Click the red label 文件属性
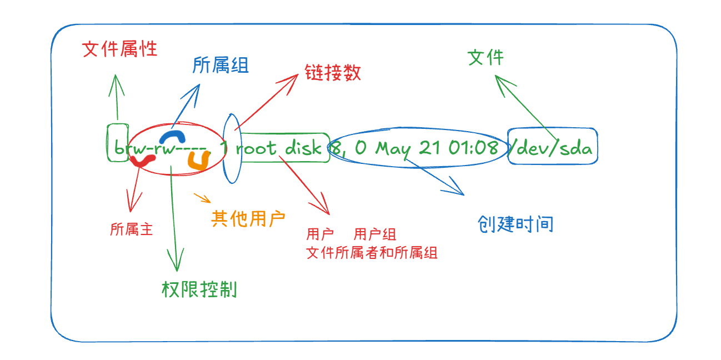(119, 49)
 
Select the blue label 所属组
(221, 66)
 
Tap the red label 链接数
(333, 73)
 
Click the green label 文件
(485, 57)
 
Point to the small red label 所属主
(131, 229)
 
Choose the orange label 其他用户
(248, 218)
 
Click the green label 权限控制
(199, 289)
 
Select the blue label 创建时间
(515, 224)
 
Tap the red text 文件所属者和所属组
(372, 253)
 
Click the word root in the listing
(256, 148)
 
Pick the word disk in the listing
(303, 148)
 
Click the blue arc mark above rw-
(171, 137)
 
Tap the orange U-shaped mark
(198, 161)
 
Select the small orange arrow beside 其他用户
(203, 198)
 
